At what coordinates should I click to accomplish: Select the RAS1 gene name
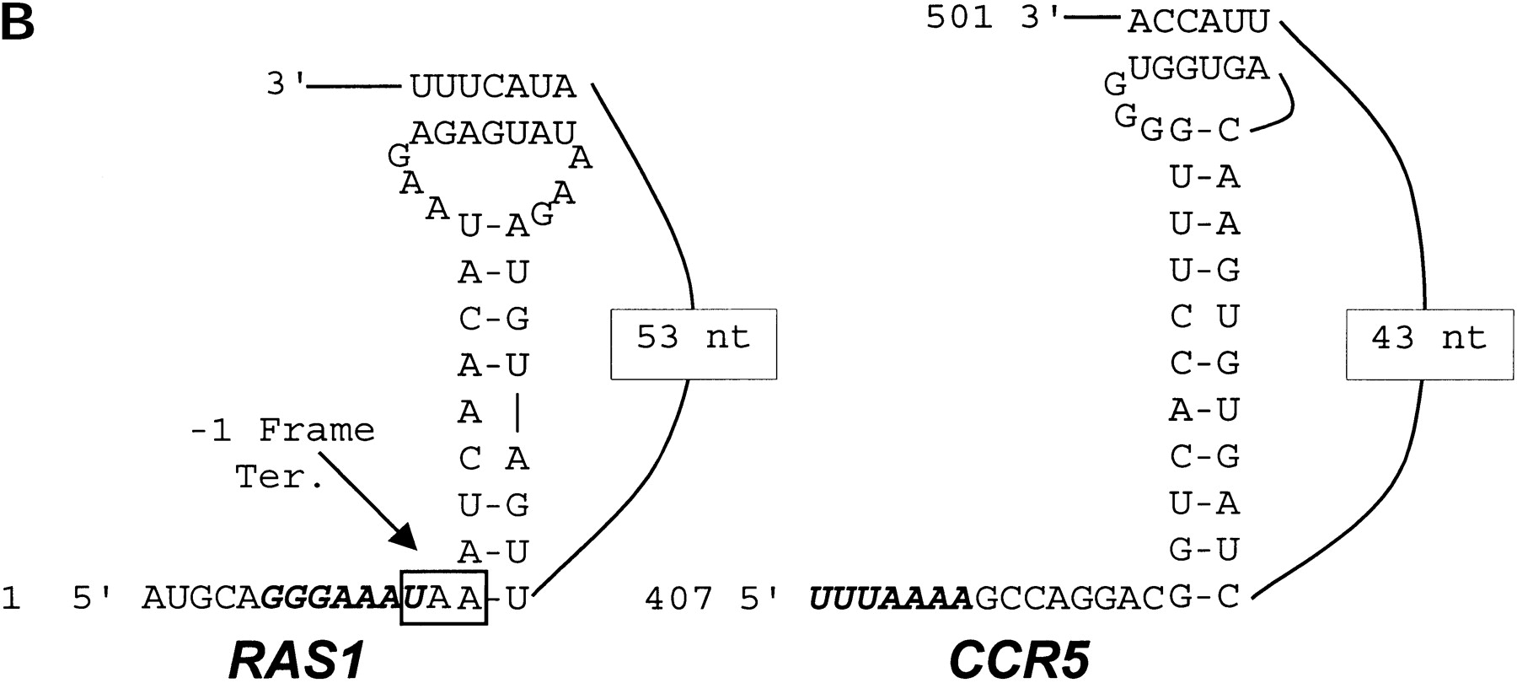pos(297,660)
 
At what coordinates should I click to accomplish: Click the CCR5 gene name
pos(1020,660)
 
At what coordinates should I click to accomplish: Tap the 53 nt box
pos(693,344)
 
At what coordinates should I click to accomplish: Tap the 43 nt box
pos(1429,344)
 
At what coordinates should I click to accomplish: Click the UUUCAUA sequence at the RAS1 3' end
pos(492,86)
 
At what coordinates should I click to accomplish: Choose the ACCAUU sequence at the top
pos(1198,23)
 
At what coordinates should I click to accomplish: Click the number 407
pos(678,598)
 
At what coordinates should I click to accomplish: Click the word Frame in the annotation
pos(316,431)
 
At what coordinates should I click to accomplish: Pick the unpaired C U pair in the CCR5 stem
pos(1204,317)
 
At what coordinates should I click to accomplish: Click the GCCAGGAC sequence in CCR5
pos(1069,598)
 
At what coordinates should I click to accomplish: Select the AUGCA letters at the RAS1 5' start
pos(201,598)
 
